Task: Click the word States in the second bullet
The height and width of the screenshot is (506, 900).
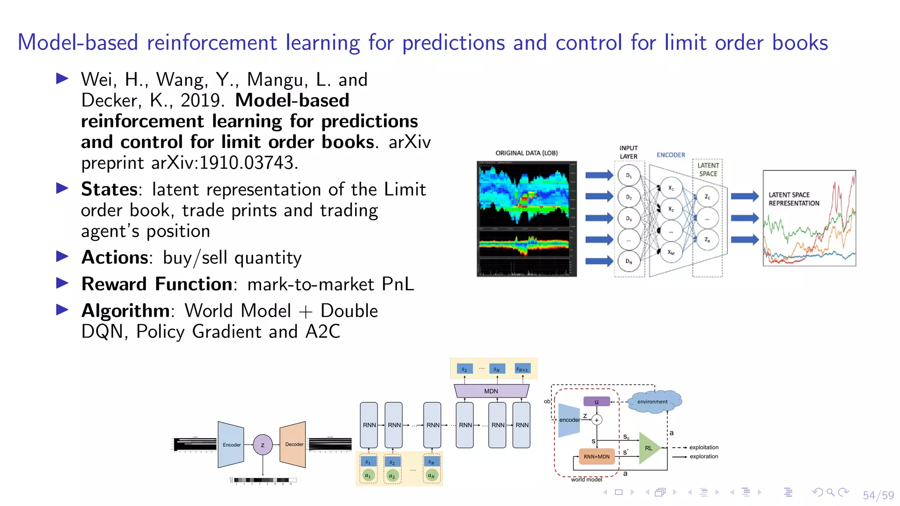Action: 109,189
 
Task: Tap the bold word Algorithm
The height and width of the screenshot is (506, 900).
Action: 126,311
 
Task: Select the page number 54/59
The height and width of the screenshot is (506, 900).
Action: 878,495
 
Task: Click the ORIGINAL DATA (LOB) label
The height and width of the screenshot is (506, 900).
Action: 526,153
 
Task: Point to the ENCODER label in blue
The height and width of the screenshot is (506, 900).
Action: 671,155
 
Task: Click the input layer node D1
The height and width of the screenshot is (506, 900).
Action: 628,176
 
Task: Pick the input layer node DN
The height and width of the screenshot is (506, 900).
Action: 628,261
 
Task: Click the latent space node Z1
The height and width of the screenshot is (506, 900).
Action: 707,197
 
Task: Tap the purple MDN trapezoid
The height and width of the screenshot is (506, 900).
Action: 491,391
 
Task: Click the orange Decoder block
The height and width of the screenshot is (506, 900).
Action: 294,445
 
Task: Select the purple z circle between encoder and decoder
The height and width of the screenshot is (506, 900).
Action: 262,445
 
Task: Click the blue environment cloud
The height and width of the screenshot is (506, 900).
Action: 653,401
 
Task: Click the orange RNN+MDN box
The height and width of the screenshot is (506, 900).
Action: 596,456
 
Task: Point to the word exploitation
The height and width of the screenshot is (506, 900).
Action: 704,447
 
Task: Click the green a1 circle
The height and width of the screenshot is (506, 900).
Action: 368,475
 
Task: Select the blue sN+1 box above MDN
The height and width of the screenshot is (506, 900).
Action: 522,369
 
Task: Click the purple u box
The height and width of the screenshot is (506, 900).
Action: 596,401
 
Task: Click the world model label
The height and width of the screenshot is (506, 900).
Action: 586,479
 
